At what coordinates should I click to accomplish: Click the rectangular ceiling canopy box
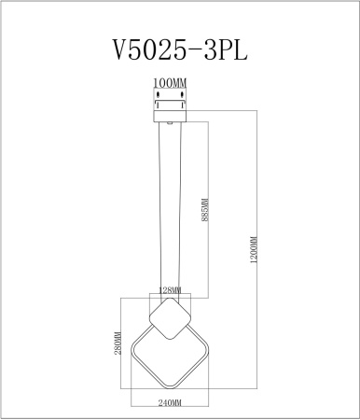point(169,109)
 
